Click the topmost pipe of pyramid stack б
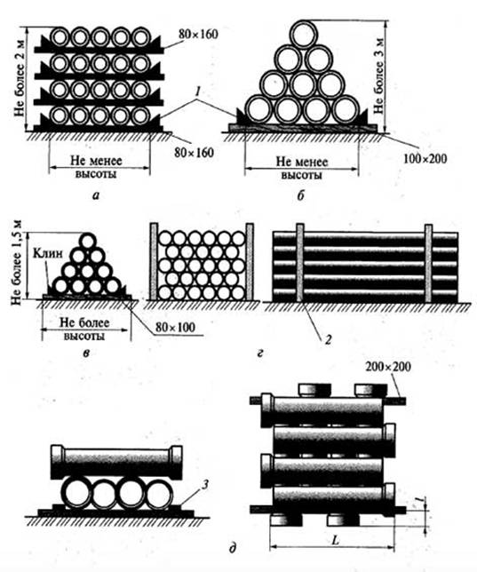click(x=304, y=34)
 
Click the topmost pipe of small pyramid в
click(x=88, y=241)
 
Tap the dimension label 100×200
click(x=425, y=158)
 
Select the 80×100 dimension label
click(x=175, y=327)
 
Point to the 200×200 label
click(x=388, y=366)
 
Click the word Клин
click(x=48, y=253)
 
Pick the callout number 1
click(x=197, y=92)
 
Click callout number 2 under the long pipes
click(x=328, y=340)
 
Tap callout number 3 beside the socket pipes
click(x=205, y=485)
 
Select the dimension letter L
click(x=336, y=540)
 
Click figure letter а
click(x=96, y=195)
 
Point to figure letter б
click(x=300, y=195)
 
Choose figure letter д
click(x=233, y=548)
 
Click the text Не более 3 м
click(x=379, y=75)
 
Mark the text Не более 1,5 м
click(x=16, y=263)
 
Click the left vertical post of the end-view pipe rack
click(x=154, y=261)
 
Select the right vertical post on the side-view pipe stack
click(x=428, y=263)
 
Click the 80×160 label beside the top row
click(x=198, y=35)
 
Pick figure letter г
click(x=260, y=353)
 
